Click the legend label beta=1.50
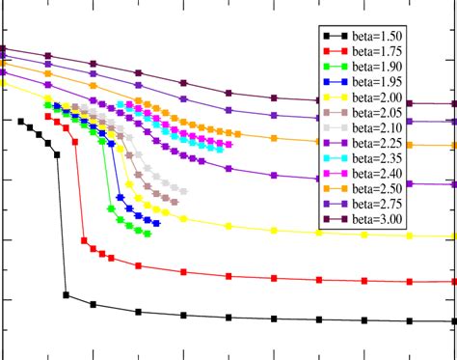tap(378, 37)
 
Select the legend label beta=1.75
tap(378, 52)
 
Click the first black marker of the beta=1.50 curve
tap(20, 121)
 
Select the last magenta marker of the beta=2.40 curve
tap(228, 144)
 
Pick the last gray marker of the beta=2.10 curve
tap(184, 190)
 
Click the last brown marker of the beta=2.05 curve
tap(175, 199)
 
